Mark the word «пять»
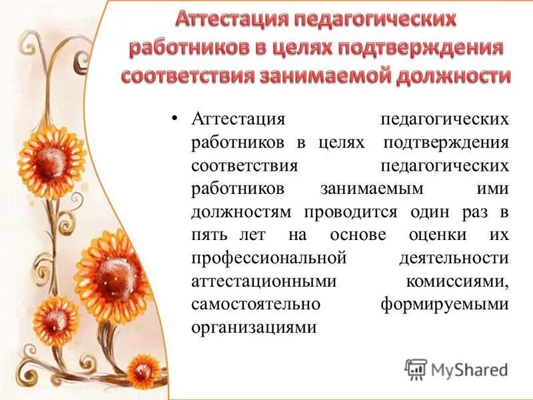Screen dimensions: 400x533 click(209, 235)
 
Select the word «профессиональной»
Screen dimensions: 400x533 click(269, 258)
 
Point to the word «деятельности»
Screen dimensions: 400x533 click(454, 258)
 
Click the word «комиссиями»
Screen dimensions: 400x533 click(457, 281)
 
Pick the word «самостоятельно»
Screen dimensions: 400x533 click(257, 304)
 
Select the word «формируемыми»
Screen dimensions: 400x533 click(444, 304)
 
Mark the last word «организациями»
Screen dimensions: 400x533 click(253, 327)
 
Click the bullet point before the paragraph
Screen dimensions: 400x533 click(174, 119)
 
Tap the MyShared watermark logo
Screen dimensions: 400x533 click(456, 369)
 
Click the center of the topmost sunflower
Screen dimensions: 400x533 click(53, 157)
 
